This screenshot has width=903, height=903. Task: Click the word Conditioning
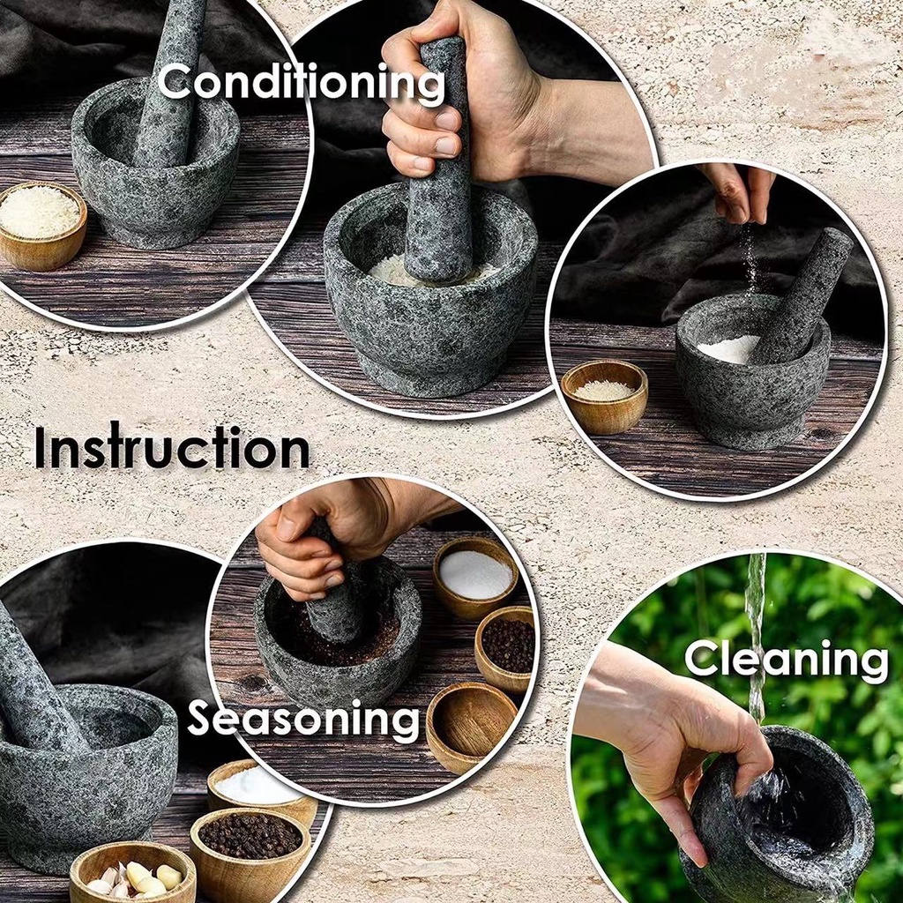[x=302, y=84]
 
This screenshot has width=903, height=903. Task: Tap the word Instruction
[x=172, y=448]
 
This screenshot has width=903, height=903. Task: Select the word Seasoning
[x=303, y=720]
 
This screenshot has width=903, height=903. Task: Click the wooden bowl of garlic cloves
[x=132, y=873]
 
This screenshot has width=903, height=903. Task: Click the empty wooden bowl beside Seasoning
[x=471, y=723]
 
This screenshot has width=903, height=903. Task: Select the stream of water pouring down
[x=756, y=635]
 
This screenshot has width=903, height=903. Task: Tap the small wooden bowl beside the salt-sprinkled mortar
[x=604, y=396]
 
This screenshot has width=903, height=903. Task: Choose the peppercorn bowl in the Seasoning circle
[x=508, y=647]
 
